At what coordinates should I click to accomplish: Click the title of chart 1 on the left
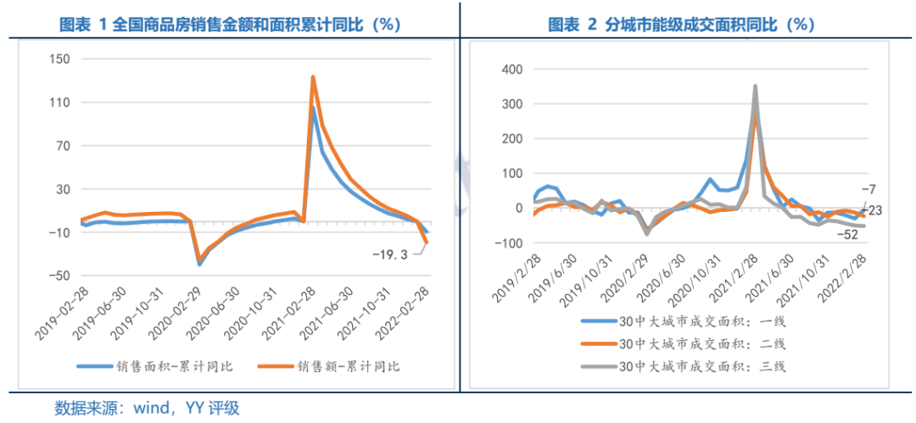click(x=230, y=25)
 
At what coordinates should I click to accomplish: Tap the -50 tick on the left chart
click(x=58, y=276)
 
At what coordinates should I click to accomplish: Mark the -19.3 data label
click(x=391, y=253)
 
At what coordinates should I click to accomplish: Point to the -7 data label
click(x=868, y=189)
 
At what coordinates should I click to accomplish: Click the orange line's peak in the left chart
click(x=313, y=77)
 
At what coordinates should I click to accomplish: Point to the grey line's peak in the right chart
click(x=755, y=86)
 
